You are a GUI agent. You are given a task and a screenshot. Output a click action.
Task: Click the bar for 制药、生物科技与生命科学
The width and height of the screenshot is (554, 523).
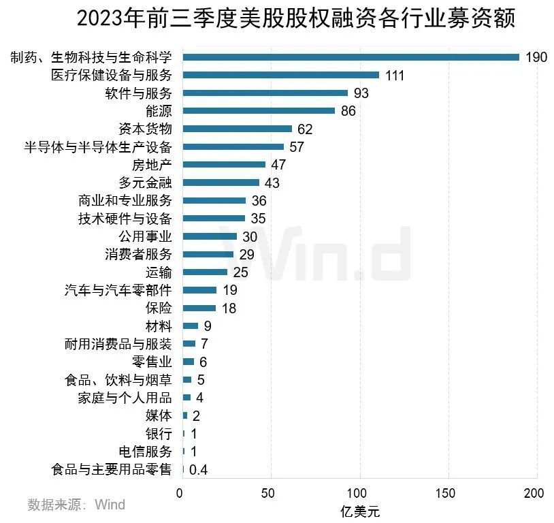click(351, 57)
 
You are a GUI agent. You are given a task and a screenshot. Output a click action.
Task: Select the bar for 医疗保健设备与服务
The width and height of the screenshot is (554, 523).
click(281, 75)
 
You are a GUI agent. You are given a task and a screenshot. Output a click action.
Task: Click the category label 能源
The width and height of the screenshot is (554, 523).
click(159, 111)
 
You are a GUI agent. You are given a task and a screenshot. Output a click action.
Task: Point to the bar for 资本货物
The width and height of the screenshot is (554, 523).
click(238, 129)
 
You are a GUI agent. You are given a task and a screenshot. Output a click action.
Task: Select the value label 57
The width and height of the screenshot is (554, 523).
click(296, 147)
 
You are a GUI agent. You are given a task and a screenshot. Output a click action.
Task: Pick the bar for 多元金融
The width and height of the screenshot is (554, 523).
click(221, 183)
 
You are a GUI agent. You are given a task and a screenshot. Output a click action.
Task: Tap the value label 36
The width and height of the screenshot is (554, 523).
click(259, 201)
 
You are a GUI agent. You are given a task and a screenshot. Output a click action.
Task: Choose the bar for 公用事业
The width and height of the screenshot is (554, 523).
click(210, 236)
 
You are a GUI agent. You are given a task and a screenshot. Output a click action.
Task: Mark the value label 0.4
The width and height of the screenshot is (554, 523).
click(198, 469)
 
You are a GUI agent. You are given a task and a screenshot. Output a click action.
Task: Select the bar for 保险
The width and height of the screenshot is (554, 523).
click(199, 308)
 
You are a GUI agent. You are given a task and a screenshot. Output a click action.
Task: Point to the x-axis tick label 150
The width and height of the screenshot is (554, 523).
click(449, 492)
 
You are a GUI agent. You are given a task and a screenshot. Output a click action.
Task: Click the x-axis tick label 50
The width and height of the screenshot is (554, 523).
click(271, 492)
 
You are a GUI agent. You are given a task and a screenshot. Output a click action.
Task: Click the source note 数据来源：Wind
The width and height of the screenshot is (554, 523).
click(76, 505)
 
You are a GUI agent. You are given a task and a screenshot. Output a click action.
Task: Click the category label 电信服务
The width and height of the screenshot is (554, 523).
click(145, 451)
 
